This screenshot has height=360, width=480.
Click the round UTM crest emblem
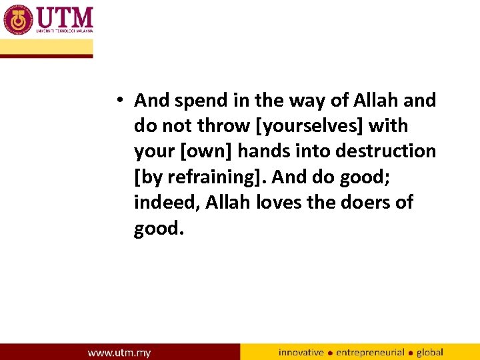click(x=18, y=19)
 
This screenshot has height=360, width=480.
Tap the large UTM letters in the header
click(x=65, y=16)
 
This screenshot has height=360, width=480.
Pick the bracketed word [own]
click(x=205, y=151)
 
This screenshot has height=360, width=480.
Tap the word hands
click(x=264, y=151)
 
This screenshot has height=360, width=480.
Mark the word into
click(x=313, y=151)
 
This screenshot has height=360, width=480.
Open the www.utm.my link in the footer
click(x=119, y=352)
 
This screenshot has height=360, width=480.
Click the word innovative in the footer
click(x=301, y=352)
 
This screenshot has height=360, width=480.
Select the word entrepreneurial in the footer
click(x=370, y=352)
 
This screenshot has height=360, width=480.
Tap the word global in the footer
click(x=430, y=352)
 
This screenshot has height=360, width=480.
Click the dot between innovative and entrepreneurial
click(x=330, y=353)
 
